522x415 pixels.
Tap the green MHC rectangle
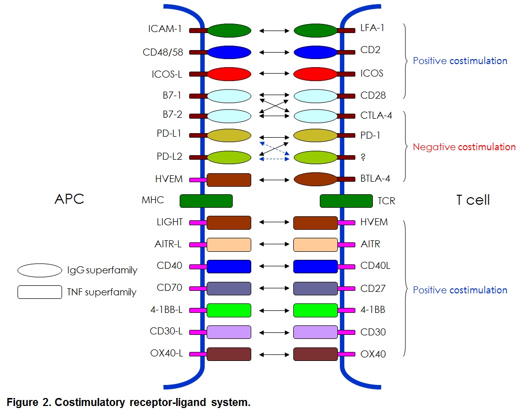click(x=206, y=201)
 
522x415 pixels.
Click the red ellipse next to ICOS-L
click(x=229, y=74)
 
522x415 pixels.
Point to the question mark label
click(x=363, y=157)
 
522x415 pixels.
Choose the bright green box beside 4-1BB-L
click(x=229, y=310)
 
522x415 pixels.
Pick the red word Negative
click(x=433, y=147)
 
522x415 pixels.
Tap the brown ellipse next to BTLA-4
click(x=315, y=179)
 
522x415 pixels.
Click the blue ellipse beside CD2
click(x=315, y=52)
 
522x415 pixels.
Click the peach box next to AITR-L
click(x=229, y=244)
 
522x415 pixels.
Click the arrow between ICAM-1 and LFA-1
click(x=274, y=31)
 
